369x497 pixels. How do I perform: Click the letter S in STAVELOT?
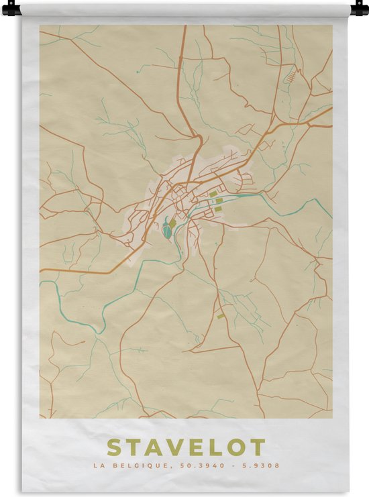[115, 447]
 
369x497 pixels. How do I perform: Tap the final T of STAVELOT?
[258, 447]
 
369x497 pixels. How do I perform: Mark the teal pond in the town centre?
[166, 231]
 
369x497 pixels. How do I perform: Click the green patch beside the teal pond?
[172, 223]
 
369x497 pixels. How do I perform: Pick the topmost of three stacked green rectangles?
[213, 194]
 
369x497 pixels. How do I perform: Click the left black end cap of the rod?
[10, 9]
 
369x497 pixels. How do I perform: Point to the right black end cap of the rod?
[359, 9]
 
